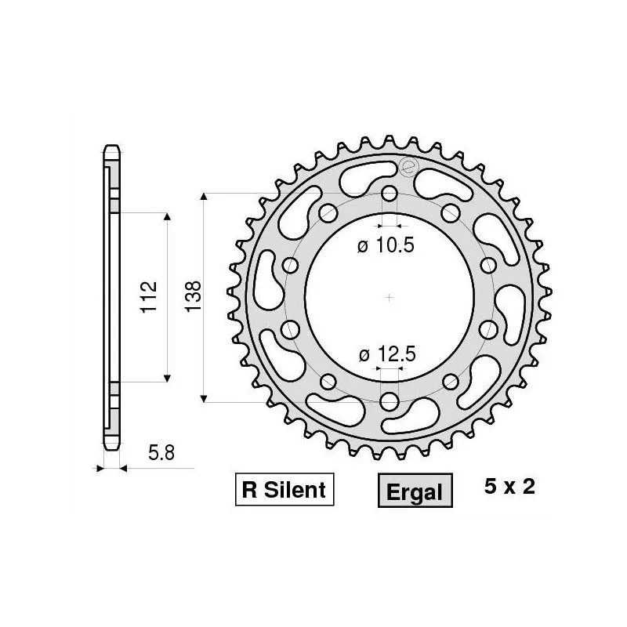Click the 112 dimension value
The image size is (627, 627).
pyautogui.click(x=150, y=297)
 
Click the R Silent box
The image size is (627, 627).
pyautogui.click(x=284, y=491)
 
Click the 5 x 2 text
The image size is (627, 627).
pyautogui.click(x=509, y=487)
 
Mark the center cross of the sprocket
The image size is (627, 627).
pyautogui.click(x=390, y=297)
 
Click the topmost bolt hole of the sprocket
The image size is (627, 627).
pyautogui.click(x=390, y=194)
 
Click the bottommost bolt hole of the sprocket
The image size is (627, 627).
pyautogui.click(x=390, y=401)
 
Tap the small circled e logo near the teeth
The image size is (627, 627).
pyautogui.click(x=407, y=166)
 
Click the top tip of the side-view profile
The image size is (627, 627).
pyautogui.click(x=111, y=146)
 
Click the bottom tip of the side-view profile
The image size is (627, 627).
pyautogui.click(x=111, y=448)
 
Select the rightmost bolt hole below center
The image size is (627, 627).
pyautogui.click(x=488, y=328)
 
